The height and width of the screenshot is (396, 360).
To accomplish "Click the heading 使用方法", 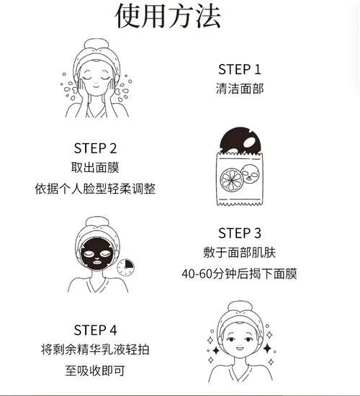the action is click(x=168, y=17).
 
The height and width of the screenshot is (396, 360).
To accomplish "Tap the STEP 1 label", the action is click(x=240, y=69).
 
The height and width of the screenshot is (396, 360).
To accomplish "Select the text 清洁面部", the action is click(x=240, y=89).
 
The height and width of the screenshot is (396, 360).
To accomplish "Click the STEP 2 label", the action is click(x=95, y=148).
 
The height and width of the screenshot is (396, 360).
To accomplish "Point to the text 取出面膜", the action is click(x=95, y=167).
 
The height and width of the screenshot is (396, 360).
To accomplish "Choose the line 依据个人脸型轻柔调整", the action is click(x=95, y=189).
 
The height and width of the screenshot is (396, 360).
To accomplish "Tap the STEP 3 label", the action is click(x=240, y=233).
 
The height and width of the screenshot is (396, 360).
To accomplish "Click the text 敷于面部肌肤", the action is click(x=240, y=252).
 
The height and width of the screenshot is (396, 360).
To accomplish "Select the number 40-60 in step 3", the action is click(x=197, y=274).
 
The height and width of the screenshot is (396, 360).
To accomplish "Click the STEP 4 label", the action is click(x=95, y=330).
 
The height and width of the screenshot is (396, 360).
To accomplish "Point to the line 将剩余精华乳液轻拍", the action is click(x=95, y=349).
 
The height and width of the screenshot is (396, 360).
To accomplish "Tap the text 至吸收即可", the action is click(x=95, y=371).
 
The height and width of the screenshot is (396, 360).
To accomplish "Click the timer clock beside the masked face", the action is click(x=125, y=267).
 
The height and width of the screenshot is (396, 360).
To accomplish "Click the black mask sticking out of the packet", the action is click(x=240, y=141).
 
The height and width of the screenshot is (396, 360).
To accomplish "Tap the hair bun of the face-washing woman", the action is click(x=96, y=45).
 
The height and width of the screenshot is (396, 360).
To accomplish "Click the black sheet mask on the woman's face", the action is click(x=97, y=254).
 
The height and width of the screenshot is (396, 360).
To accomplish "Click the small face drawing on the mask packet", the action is click(x=250, y=173).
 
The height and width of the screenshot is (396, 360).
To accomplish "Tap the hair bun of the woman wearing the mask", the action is click(x=97, y=222).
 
